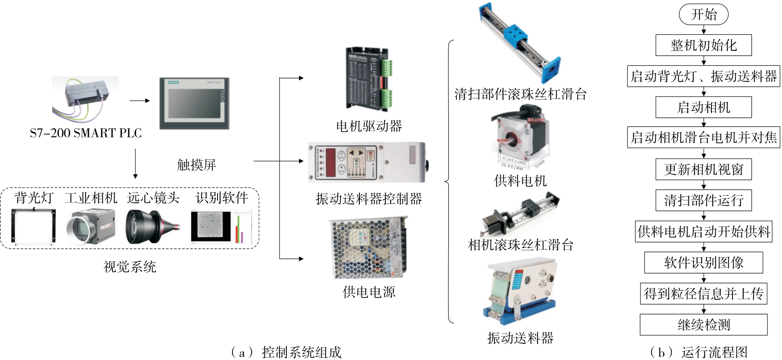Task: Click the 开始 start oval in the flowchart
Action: coord(703,15)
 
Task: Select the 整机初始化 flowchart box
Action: coord(703,45)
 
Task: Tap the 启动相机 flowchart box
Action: coord(703,107)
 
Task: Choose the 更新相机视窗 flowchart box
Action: coord(703,169)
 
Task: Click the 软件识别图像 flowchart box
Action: coord(703,263)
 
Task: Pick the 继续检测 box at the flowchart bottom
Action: coord(703,325)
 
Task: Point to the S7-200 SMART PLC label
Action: coord(85,133)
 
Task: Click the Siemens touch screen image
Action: coord(194,103)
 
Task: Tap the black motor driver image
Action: coord(368,79)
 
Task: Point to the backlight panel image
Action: coord(33,226)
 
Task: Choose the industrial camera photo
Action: coord(91,227)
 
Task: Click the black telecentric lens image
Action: coord(152,227)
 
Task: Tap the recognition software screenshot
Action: coord(221,227)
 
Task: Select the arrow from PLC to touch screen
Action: coord(139,101)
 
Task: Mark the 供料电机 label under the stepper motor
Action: coord(520,181)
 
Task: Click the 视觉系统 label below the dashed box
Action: coord(130,267)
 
